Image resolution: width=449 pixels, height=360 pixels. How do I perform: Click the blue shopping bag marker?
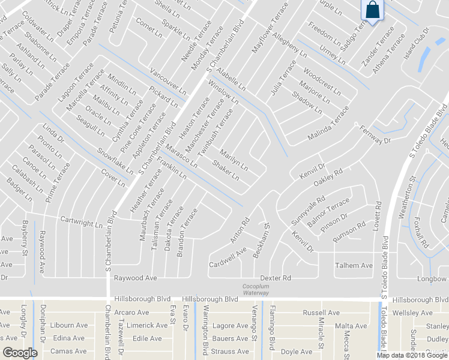[x=373, y=10]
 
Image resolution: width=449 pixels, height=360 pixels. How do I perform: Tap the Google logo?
[x=19, y=353]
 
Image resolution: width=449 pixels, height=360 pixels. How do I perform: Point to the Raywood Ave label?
[x=135, y=278]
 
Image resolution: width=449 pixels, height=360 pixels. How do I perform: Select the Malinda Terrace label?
[x=328, y=124]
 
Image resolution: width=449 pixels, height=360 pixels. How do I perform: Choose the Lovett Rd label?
[x=378, y=215]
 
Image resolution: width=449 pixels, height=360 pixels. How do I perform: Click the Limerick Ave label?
[x=146, y=325]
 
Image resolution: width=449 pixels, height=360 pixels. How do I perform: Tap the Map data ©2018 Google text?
[x=412, y=355]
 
